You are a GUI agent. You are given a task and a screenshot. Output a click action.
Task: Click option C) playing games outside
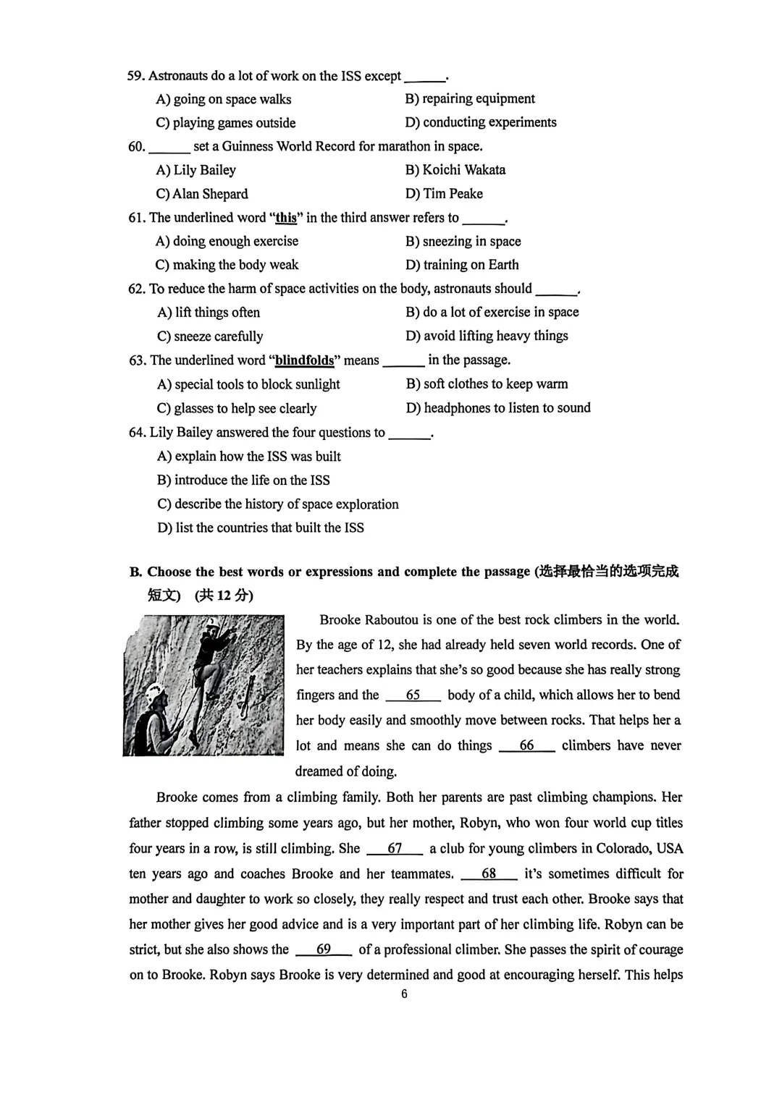[x=226, y=123]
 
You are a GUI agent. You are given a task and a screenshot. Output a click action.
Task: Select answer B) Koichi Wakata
[x=455, y=170]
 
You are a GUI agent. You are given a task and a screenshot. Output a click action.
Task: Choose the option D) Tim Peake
[x=444, y=194]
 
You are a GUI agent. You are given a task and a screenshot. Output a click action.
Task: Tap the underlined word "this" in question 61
[x=286, y=218]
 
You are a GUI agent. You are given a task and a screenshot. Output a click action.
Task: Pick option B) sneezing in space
[x=463, y=242]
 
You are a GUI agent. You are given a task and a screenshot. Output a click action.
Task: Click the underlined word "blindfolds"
[x=304, y=360]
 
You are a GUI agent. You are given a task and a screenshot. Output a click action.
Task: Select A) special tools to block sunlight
[x=248, y=384]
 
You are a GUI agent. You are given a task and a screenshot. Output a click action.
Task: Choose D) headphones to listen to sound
[x=498, y=408]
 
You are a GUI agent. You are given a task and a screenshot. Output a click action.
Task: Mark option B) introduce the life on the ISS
[x=243, y=480]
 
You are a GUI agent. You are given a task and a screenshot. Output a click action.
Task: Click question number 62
[x=136, y=289]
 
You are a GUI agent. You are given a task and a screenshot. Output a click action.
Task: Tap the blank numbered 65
[x=413, y=695]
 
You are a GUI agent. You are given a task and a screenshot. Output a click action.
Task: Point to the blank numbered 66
[x=526, y=746]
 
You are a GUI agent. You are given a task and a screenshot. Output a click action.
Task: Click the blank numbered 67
[x=395, y=849]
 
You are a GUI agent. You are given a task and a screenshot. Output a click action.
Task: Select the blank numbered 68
[x=489, y=874]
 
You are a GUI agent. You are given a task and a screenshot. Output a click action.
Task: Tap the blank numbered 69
[x=324, y=949]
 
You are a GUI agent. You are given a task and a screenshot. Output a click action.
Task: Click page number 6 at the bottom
[x=404, y=994]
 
